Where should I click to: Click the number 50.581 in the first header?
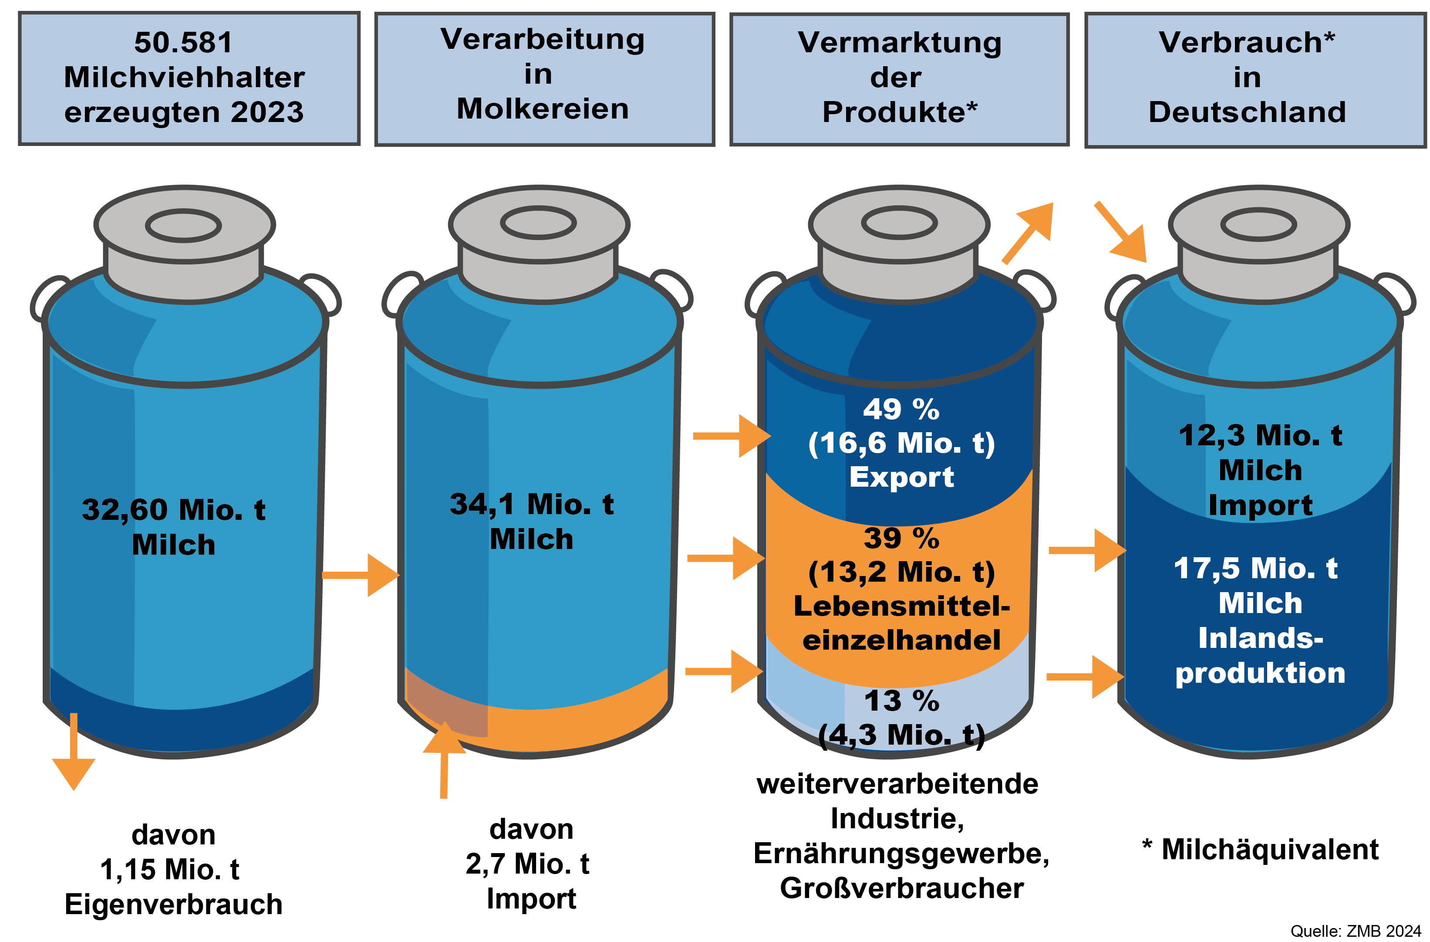click(x=183, y=43)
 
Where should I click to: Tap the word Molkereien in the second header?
click(x=543, y=109)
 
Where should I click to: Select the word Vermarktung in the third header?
click(x=900, y=43)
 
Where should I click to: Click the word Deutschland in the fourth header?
click(x=1248, y=112)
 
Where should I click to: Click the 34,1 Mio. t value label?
click(x=532, y=505)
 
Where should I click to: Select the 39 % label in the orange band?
click(x=901, y=538)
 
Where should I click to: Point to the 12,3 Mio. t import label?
click(x=1260, y=436)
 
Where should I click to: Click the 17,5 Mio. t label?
click(x=1256, y=569)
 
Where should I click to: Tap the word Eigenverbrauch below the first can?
click(x=174, y=905)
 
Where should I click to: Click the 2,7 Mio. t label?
click(x=527, y=864)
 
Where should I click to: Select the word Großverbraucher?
click(x=901, y=888)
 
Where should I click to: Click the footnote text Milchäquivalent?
click(x=1270, y=850)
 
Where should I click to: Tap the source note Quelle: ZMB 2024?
click(x=1356, y=931)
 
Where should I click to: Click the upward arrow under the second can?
click(x=445, y=757)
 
